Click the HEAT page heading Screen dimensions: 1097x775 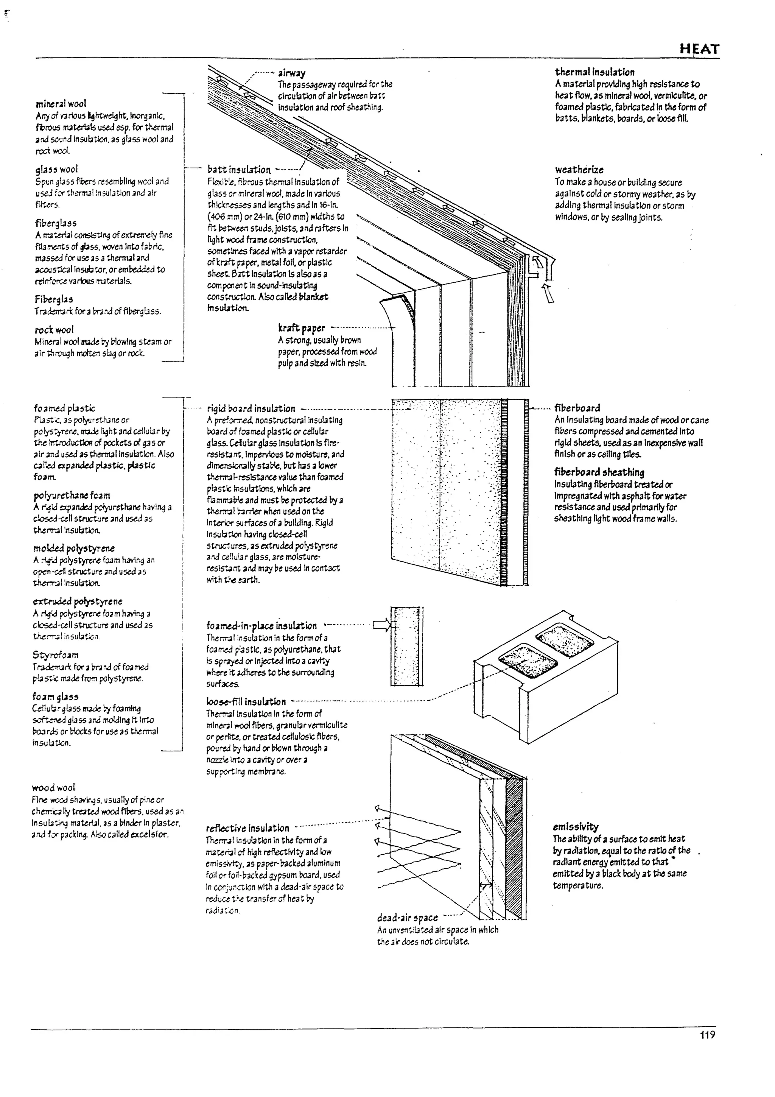coord(699,49)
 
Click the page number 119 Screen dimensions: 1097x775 coord(708,1035)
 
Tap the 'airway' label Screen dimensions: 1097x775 coord(292,73)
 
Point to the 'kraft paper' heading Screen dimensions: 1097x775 coord(301,328)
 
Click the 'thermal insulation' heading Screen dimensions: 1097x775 coord(594,72)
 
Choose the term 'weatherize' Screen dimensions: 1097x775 coord(579,170)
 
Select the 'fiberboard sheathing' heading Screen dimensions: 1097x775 coord(599,472)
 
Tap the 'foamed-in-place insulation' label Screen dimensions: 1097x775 coord(261,625)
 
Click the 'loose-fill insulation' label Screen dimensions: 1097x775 coord(246,701)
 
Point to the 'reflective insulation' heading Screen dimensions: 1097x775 coord(247,828)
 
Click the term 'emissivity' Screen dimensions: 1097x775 coord(576,827)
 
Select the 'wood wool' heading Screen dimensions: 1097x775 coord(53,787)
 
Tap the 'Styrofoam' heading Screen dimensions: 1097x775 coord(55,654)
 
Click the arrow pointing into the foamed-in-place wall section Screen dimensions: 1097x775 coord(381,625)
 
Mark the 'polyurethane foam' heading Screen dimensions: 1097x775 coord(72,495)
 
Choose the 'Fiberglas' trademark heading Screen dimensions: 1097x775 coord(53,299)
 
